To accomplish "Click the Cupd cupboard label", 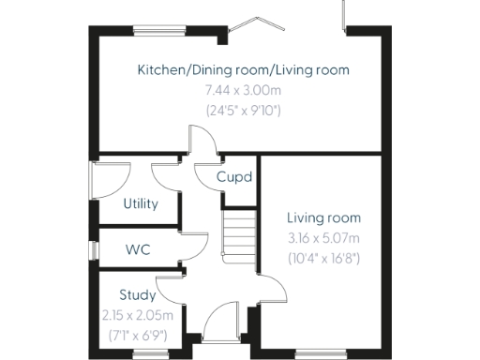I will [x=233, y=176].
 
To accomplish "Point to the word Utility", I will [x=141, y=203].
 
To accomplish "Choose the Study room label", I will [x=137, y=295].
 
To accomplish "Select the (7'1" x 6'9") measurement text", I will [x=137, y=333].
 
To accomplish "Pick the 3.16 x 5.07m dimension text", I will [x=322, y=236].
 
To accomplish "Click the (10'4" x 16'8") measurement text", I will [x=322, y=256].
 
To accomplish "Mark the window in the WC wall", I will [x=93, y=249].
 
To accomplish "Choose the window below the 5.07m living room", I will [x=320, y=352].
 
